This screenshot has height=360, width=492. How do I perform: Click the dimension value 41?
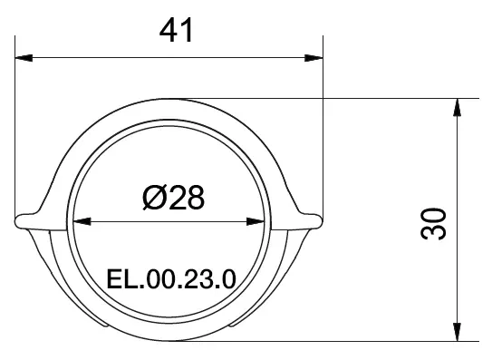178,31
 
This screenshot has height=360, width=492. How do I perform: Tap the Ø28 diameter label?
172,196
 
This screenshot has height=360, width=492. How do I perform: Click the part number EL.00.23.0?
171,277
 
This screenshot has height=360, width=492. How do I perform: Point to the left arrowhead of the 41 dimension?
24,59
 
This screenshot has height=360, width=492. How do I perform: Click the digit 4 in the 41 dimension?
168,31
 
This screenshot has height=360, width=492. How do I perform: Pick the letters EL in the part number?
118,277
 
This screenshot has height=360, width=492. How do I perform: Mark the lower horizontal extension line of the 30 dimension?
362,341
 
